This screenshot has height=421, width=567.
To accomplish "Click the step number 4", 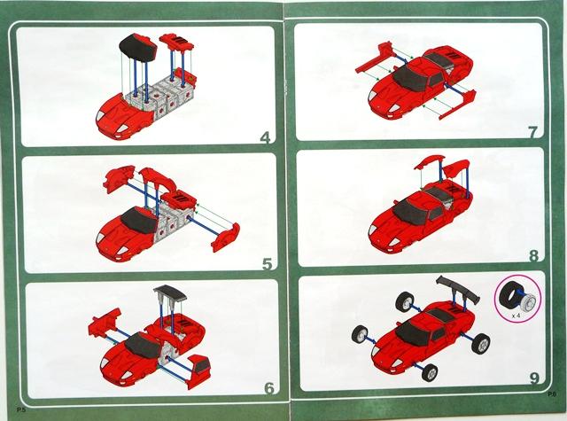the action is coord(266,137).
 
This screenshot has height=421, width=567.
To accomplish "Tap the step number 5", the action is coord(267,264).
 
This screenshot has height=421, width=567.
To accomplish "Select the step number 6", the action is coord(269,388).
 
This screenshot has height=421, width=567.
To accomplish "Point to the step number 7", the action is coord(532,132).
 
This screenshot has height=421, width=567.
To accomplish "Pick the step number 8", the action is coord(533,256).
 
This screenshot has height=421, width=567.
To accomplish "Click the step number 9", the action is coord(534,378).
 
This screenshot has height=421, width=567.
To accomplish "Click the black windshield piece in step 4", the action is coord(138,47).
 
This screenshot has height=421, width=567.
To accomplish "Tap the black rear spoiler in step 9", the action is coord(458,289).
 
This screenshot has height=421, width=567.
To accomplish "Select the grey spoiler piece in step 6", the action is coord(170,292).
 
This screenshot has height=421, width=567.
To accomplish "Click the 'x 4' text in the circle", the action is coord(517,316).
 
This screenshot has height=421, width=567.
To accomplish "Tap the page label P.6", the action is coord(552,394).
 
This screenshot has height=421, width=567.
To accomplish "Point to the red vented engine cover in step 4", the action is coord(176,42).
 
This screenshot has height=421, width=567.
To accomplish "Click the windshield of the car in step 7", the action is coord(410,79).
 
